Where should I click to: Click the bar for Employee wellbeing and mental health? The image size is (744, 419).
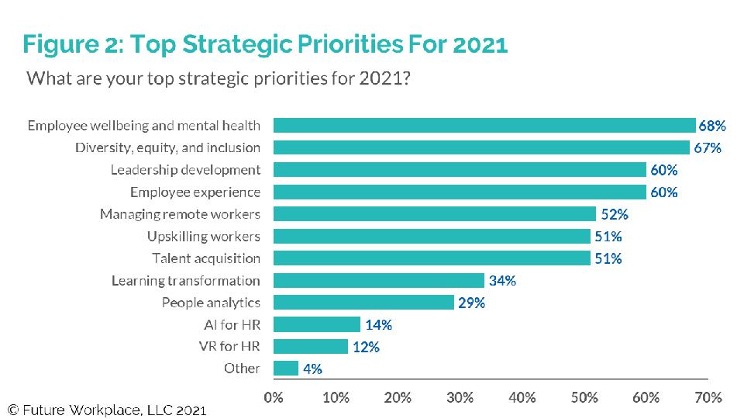[484, 126]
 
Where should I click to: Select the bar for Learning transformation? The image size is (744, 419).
[379, 281]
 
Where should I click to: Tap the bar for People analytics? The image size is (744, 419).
[363, 303]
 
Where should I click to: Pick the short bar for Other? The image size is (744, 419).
[286, 369]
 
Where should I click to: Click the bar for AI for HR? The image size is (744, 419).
[317, 325]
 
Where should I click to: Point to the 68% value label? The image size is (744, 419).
[711, 126]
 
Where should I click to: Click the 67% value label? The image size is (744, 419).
[707, 148]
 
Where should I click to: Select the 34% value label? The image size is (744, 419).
[502, 281]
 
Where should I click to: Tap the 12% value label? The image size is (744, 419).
[366, 347]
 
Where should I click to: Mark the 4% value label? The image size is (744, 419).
[312, 369]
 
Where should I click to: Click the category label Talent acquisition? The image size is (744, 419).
[206, 258]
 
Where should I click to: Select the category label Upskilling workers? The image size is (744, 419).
[204, 237]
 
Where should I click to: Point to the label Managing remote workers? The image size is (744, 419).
[180, 214]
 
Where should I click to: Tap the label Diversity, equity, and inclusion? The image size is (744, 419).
[167, 148]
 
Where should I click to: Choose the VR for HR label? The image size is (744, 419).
[231, 347]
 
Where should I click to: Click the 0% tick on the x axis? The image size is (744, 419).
[274, 398]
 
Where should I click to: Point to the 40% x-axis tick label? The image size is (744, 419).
[522, 398]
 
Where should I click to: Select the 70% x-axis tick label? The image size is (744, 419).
[708, 398]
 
